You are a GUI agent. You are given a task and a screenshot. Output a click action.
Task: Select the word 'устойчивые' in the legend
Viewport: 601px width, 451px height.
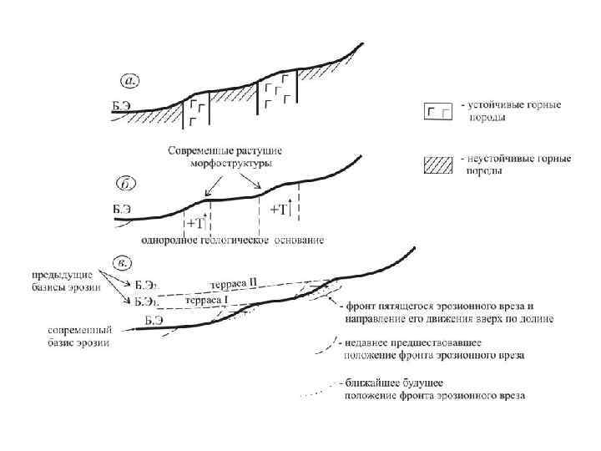(495, 106)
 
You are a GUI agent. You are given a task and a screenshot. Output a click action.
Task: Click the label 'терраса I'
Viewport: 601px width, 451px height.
(205, 299)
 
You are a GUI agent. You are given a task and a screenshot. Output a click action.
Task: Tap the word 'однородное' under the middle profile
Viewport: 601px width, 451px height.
(168, 241)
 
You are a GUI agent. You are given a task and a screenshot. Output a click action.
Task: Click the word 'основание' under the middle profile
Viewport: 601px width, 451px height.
(298, 241)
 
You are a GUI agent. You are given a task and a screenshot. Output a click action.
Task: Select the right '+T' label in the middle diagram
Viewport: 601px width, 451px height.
(278, 209)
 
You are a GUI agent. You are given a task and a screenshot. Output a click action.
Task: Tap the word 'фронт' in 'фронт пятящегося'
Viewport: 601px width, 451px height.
(359, 306)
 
